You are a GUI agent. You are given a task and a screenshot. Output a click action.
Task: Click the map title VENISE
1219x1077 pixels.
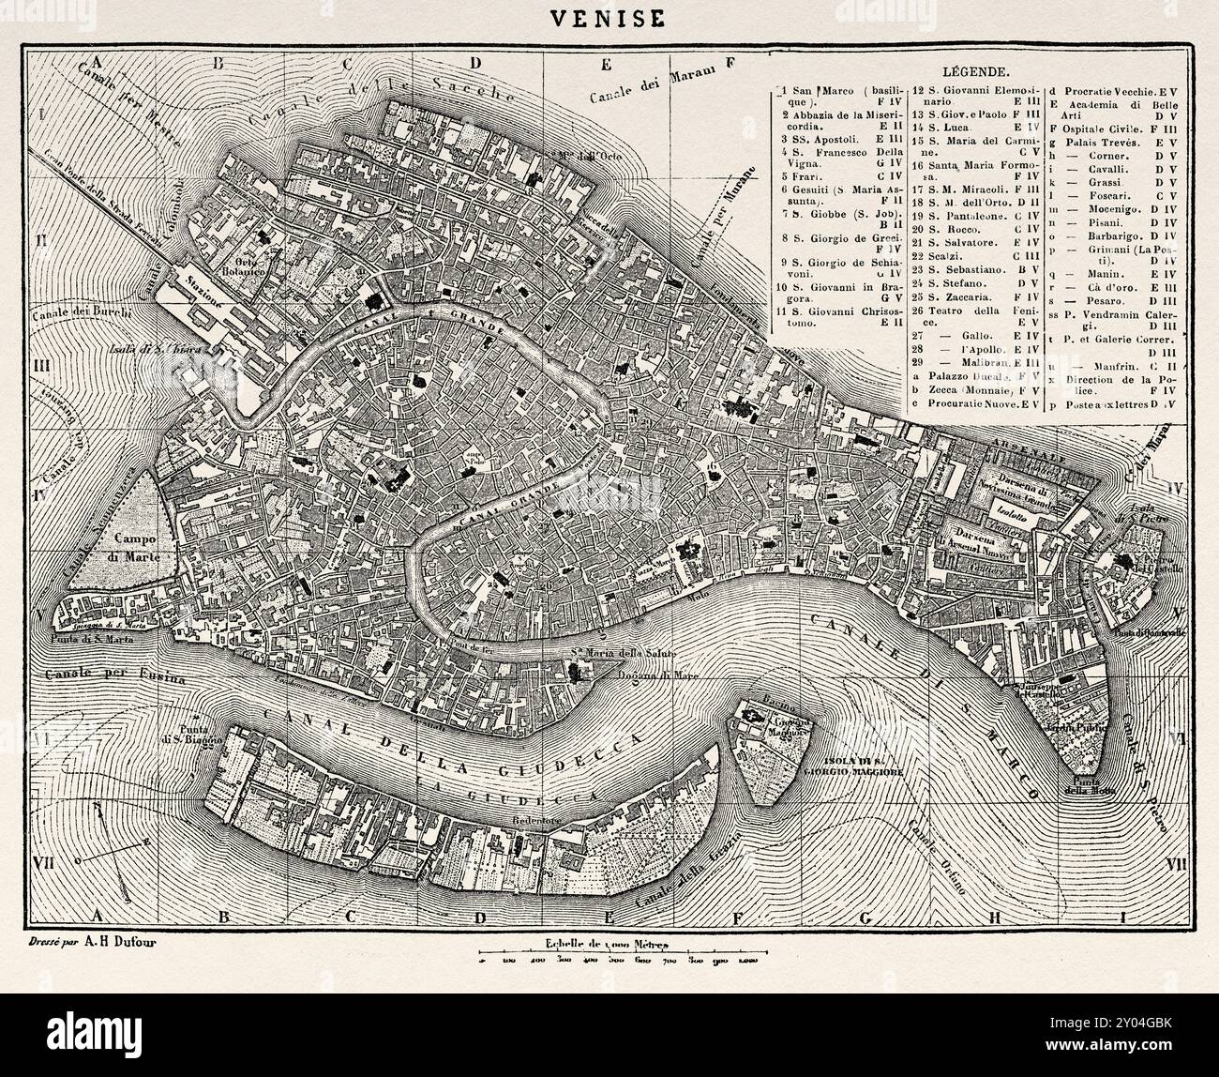click(x=609, y=18)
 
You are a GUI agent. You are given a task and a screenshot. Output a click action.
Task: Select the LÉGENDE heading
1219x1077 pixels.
click(x=975, y=71)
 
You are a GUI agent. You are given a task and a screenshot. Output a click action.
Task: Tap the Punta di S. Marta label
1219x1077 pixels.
click(x=94, y=639)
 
